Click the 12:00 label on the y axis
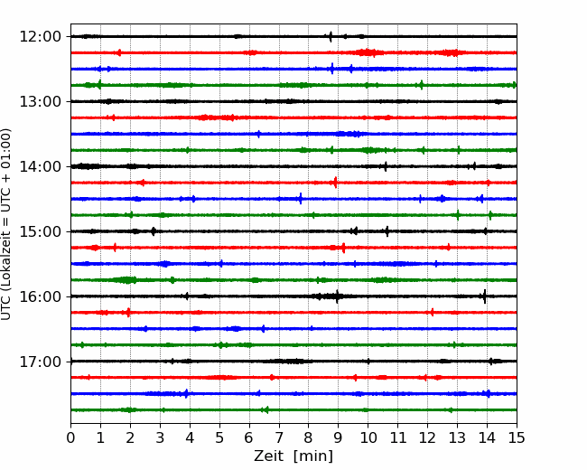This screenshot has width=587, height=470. click(40, 37)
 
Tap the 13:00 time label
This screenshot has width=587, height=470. click(40, 101)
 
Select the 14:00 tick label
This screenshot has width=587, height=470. click(40, 166)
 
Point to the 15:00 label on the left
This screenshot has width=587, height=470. click(40, 231)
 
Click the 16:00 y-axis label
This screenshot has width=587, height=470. click(40, 296)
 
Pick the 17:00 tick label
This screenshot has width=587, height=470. click(40, 362)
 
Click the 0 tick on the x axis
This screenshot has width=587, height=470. click(70, 437)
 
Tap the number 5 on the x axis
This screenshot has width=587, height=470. click(219, 437)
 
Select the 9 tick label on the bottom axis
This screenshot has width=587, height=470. click(338, 437)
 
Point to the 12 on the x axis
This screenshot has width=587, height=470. click(427, 437)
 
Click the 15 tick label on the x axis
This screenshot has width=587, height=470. click(517, 437)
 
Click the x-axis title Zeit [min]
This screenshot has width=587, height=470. click(293, 456)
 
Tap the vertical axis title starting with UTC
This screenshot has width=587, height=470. click(6, 224)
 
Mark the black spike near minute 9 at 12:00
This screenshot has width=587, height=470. click(331, 37)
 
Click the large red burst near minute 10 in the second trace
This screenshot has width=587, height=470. click(367, 52)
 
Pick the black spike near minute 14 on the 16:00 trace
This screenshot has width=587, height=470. click(484, 296)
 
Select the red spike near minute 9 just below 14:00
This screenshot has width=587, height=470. click(335, 183)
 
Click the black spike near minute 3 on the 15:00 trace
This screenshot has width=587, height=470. click(154, 231)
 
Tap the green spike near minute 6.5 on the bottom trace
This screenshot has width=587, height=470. click(266, 409)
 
